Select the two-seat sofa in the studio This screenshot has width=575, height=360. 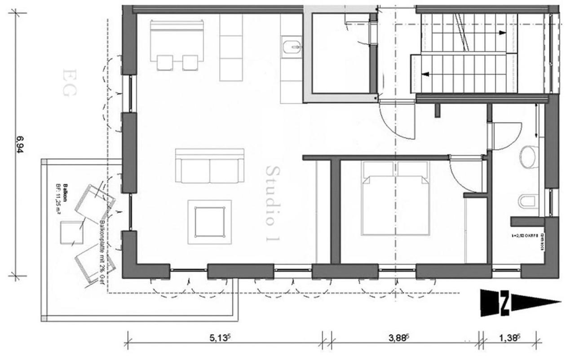210,166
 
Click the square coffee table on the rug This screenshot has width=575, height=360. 209,222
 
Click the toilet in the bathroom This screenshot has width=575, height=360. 528,202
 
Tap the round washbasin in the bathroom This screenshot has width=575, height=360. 530,157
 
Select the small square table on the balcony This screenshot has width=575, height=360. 72,232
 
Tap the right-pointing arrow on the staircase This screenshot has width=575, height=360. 502,33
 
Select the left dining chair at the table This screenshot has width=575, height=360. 164,62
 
